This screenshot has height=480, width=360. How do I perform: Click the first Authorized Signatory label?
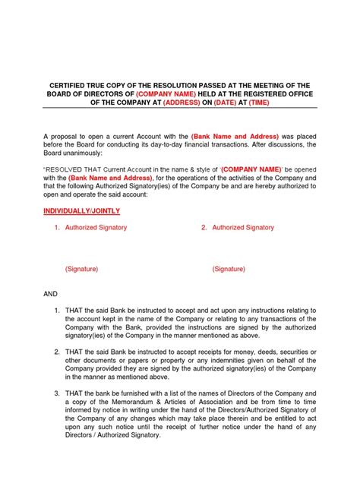click(x=96, y=227)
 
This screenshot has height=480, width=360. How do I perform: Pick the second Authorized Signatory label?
click(x=243, y=227)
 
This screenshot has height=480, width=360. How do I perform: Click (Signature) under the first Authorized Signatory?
click(x=81, y=269)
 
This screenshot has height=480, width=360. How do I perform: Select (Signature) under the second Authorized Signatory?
click(x=229, y=269)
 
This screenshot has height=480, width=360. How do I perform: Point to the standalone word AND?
click(x=50, y=294)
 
